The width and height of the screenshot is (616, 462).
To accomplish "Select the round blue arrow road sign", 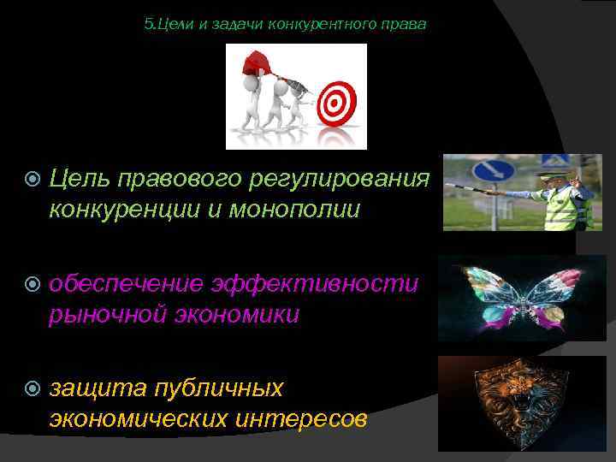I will (x=494, y=170).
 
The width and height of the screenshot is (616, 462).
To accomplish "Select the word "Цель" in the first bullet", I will (x=82, y=178).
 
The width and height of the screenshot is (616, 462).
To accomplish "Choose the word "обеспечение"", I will (x=125, y=283).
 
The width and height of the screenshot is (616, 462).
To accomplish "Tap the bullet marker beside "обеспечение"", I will (x=33, y=284).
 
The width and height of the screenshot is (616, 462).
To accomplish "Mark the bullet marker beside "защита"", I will (x=33, y=389).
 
